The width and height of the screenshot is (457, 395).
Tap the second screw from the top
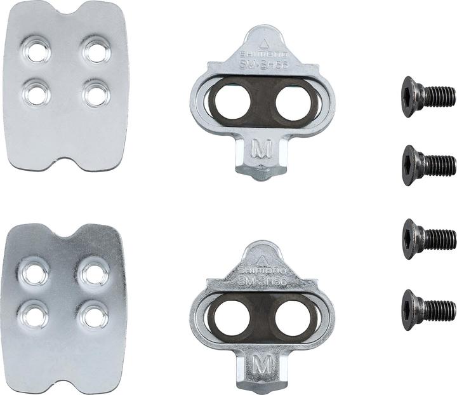[428, 165]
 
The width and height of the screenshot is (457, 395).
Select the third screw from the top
[428, 239]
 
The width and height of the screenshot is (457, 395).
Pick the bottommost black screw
[428, 310]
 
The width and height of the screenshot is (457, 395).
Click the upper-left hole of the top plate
[39, 51]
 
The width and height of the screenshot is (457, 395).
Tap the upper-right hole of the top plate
[96, 51]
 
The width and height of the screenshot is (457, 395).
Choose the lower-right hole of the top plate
[96, 95]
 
